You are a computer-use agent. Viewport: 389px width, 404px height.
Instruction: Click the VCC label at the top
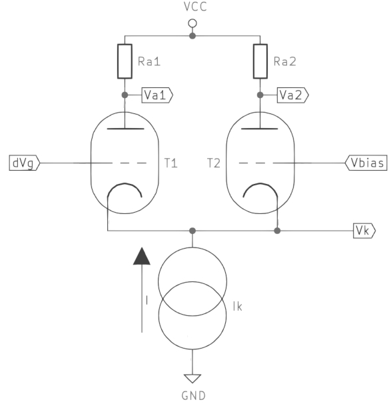pos(195,7)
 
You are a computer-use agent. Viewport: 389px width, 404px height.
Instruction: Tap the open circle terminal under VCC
pos(193,23)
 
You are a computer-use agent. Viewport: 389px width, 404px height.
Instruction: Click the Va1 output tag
pos(157,95)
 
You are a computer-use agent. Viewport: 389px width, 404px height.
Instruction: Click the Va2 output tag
pos(292,95)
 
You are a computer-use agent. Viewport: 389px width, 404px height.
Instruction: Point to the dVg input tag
pos(25,163)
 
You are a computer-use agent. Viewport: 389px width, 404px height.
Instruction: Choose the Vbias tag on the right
pos(366,163)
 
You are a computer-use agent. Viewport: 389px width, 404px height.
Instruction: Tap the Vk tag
pos(364,231)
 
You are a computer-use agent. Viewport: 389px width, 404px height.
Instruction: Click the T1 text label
pos(171,163)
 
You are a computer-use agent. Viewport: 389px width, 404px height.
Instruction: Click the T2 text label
pos(214,163)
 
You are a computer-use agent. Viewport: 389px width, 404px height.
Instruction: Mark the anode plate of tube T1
pos(125,128)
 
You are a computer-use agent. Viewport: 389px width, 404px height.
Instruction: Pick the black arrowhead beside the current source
pos(142,256)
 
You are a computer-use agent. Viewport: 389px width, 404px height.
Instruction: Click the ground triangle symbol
pos(193,379)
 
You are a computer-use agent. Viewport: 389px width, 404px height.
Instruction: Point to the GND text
pos(194,396)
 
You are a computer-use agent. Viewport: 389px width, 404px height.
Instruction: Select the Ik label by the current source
pos(237,307)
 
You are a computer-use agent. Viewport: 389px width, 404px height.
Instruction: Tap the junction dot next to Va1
pos(125,95)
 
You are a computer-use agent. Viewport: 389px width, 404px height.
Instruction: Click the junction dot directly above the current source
pos(193,231)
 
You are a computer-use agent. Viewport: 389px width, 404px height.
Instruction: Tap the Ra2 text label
pos(285,61)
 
